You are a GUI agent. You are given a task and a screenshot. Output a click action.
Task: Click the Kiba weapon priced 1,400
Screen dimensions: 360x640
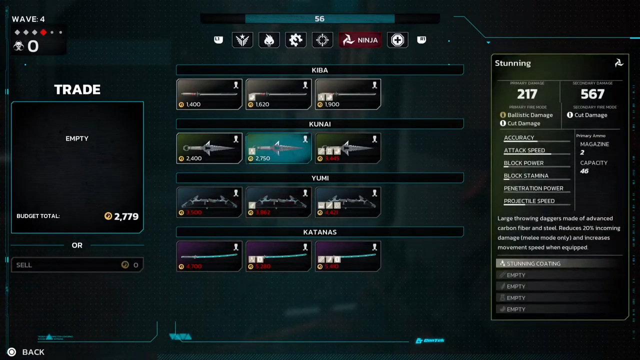coord(209,94)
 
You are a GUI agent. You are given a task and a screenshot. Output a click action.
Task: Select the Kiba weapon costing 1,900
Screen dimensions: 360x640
coord(348,94)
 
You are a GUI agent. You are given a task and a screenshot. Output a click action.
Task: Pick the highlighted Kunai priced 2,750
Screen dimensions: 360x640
coord(278,148)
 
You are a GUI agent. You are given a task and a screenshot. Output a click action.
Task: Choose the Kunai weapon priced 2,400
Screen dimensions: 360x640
coord(209,148)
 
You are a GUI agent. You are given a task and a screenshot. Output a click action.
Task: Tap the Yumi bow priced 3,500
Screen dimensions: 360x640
coord(209,202)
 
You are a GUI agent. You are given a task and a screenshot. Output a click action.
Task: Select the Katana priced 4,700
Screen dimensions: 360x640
coord(209,256)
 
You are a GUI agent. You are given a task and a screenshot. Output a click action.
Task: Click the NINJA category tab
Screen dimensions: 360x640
coord(360,40)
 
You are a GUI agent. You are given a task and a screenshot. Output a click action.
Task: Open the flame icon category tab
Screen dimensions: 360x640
coord(269,40)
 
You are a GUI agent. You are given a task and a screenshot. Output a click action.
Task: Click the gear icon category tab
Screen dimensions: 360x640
coord(295,40)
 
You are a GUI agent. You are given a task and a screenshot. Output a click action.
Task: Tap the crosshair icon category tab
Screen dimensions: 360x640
coord(322,40)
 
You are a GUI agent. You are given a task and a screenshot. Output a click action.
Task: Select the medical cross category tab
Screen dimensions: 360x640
coord(397,40)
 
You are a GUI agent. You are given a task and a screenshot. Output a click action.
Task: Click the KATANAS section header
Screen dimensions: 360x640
coord(320,232)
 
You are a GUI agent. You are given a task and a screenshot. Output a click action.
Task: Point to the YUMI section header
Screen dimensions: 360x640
coord(320,178)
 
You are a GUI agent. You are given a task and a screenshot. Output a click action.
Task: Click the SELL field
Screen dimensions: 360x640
coord(77,265)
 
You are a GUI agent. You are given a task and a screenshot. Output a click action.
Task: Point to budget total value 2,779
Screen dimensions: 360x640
coord(126,216)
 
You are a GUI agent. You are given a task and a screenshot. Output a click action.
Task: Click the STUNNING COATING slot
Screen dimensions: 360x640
coord(560,263)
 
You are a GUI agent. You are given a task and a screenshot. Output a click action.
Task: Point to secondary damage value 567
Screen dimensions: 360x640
coord(592,94)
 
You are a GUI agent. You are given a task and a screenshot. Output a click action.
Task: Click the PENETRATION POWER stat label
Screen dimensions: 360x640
coord(533,188)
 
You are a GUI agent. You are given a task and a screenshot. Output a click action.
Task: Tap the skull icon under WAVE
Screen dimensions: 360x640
coord(19,46)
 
